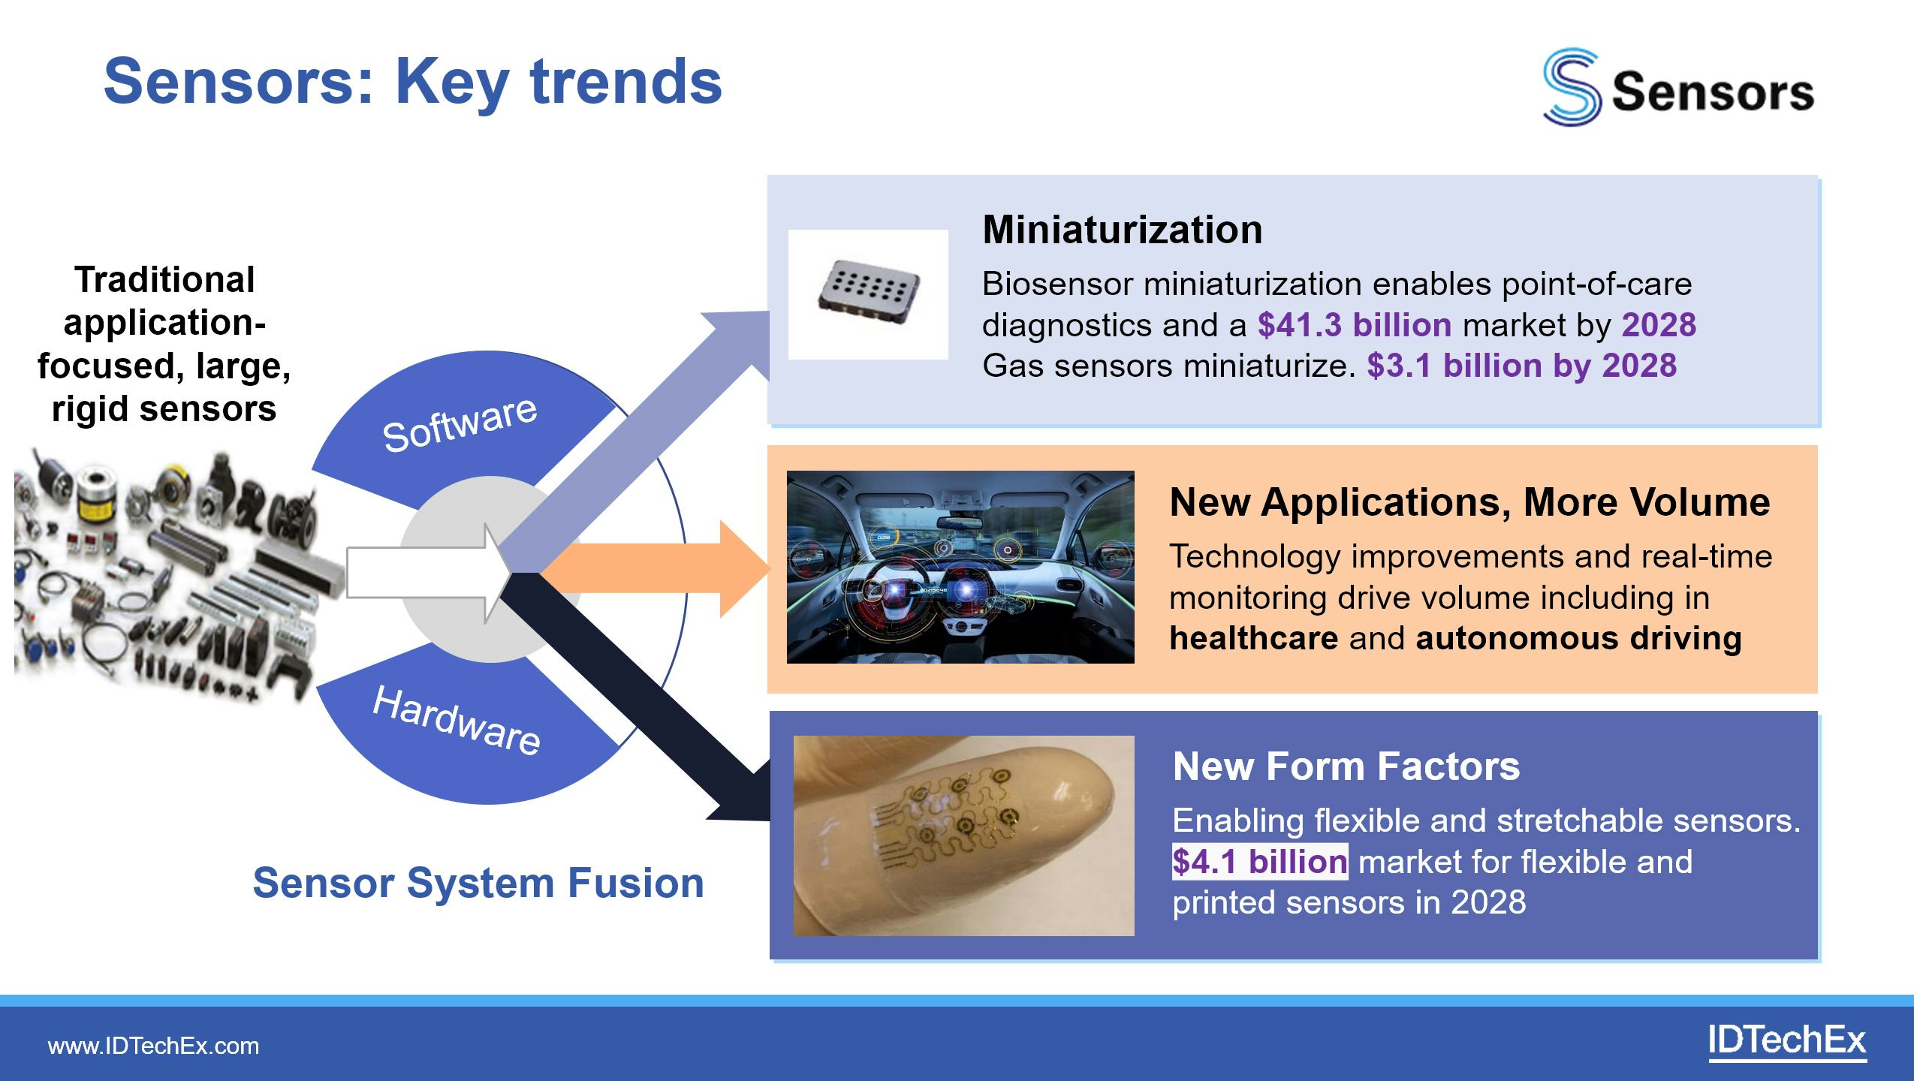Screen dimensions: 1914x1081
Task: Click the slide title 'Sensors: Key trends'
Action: tap(412, 83)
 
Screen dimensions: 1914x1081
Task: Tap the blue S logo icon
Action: tap(1571, 87)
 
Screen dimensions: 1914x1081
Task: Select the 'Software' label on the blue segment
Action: tap(460, 424)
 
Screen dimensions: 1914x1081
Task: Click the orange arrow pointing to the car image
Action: tap(653, 569)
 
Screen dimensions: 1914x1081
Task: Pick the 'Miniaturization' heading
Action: tap(1122, 230)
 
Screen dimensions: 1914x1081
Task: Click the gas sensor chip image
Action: tap(868, 294)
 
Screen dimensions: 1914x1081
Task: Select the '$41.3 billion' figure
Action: tap(1355, 325)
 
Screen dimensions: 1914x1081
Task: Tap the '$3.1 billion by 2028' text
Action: tap(1522, 366)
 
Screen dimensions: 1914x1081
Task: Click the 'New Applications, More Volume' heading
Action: tap(1469, 501)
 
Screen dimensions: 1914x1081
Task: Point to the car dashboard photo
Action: tap(960, 567)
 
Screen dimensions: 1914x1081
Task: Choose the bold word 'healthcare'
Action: tap(1253, 638)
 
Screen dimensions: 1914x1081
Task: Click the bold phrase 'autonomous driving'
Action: tap(1578, 638)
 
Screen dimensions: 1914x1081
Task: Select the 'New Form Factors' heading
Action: tap(1346, 766)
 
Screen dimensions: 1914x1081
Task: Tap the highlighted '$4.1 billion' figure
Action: tap(1260, 861)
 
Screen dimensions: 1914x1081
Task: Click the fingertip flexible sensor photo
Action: tap(964, 836)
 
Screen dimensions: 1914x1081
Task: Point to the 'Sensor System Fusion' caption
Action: tap(478, 883)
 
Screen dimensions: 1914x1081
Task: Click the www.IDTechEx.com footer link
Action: tap(153, 1046)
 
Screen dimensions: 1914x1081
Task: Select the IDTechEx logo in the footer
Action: tap(1786, 1042)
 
